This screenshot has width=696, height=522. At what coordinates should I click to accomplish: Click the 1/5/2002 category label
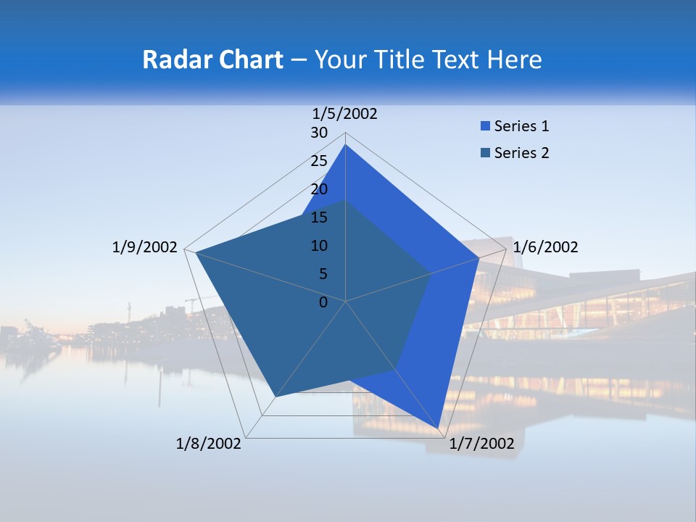point(345,114)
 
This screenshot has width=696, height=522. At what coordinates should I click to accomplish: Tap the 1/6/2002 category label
point(545,247)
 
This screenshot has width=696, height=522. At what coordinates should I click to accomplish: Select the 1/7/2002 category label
point(481,444)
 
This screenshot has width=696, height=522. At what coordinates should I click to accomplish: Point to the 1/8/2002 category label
point(209,444)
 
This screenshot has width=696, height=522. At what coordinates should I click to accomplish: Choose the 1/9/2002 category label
point(145,247)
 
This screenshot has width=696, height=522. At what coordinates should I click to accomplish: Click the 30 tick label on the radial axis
point(319,133)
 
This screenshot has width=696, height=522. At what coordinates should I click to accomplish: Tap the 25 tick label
point(319,161)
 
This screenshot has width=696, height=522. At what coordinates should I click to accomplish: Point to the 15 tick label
point(319,217)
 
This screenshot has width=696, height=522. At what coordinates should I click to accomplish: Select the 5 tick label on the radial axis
point(323,274)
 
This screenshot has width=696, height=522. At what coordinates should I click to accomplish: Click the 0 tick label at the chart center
point(323,302)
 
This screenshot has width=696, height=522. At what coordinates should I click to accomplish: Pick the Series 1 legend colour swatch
point(485,126)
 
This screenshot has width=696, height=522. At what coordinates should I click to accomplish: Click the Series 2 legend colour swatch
point(485,153)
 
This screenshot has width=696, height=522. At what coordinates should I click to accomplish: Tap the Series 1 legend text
point(521,126)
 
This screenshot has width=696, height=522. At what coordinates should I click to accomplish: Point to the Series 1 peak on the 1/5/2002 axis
point(345,144)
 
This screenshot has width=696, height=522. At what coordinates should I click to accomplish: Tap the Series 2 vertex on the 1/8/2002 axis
point(275,397)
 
